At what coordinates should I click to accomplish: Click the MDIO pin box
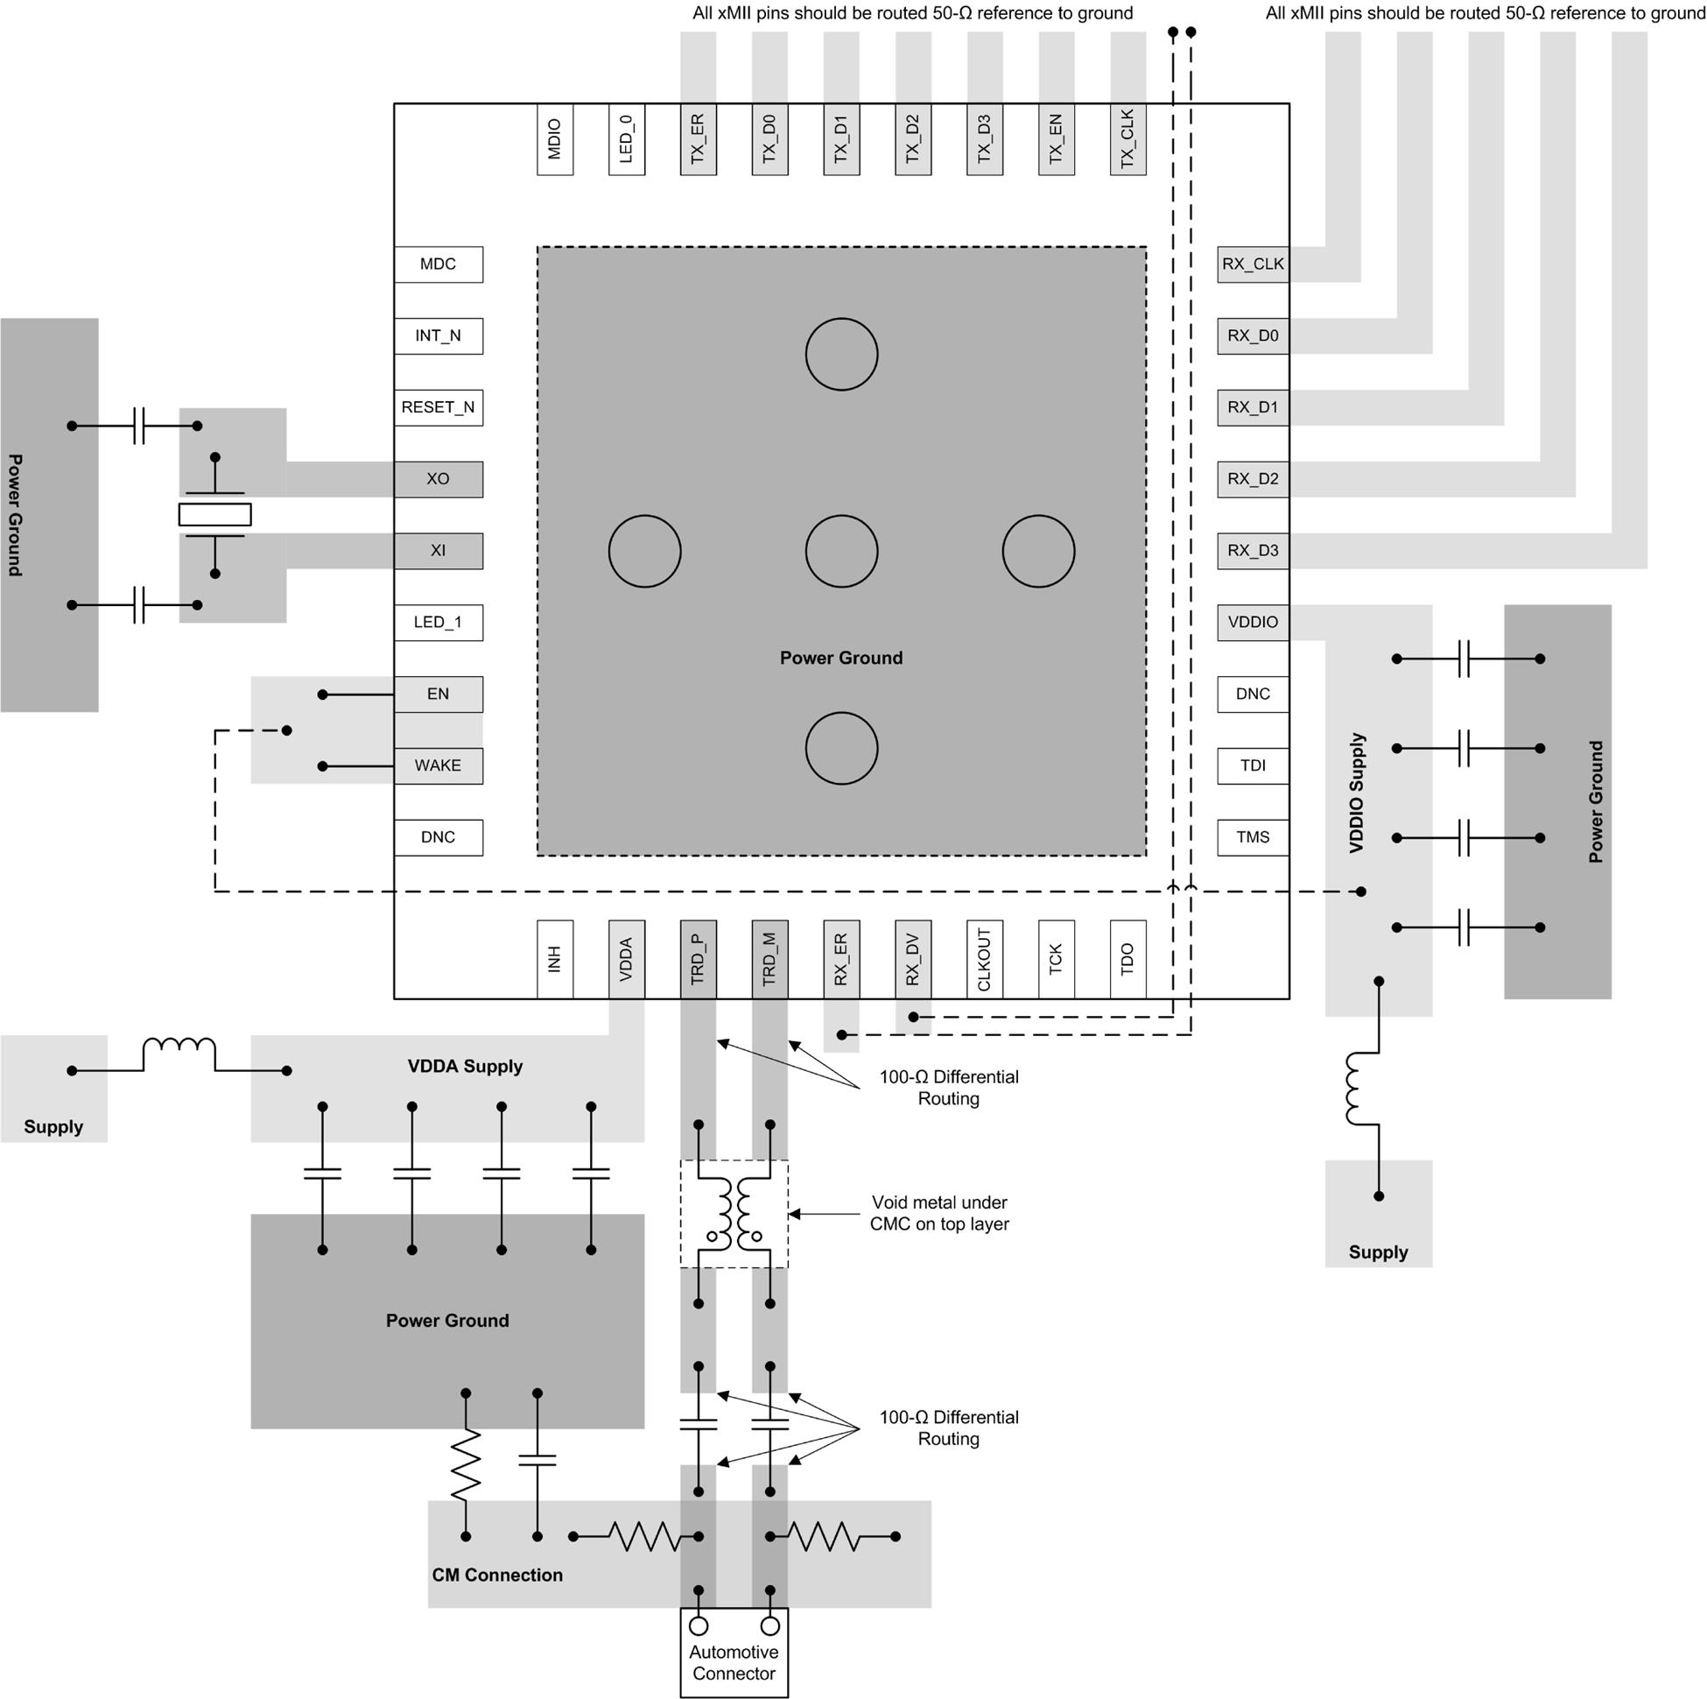tap(554, 139)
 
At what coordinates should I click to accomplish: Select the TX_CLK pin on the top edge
tap(1127, 139)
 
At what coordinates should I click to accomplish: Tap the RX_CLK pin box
tap(1252, 264)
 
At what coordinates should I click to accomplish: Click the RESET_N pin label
tap(439, 407)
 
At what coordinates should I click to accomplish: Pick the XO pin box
tap(439, 479)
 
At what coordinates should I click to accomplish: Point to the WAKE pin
tap(439, 765)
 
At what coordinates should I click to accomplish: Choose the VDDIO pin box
tap(1252, 623)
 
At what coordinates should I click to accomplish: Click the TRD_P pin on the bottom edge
tap(697, 959)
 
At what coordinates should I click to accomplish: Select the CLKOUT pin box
tap(984, 959)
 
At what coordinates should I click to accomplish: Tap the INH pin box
tap(554, 959)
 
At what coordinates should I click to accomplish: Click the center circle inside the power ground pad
tap(841, 552)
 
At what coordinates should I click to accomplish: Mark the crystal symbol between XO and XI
tap(214, 514)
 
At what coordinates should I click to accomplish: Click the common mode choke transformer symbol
tap(734, 1213)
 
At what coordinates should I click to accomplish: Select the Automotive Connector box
tap(734, 1651)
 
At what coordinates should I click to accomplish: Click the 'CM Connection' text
tap(496, 1575)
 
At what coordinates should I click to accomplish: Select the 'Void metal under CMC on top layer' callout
tap(938, 1213)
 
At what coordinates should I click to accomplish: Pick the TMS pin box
tap(1252, 837)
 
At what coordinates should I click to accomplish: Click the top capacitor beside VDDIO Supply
tap(1463, 659)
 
